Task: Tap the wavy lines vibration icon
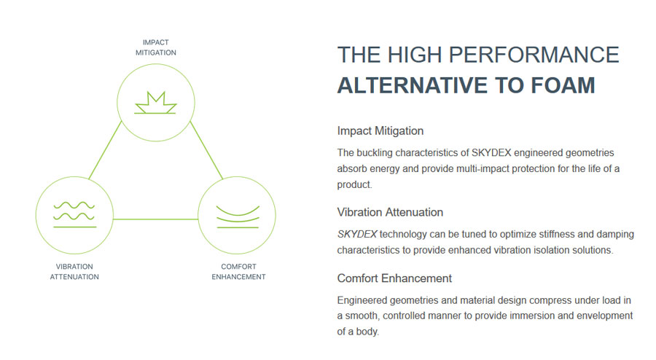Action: pos(74,214)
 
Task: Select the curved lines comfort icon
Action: pos(238,216)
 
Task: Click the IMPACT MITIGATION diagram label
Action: pos(156,47)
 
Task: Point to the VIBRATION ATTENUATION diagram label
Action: pos(74,271)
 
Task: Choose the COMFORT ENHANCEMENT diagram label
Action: pos(238,271)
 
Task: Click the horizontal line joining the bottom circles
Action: pos(156,219)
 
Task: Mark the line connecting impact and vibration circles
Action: pos(105,150)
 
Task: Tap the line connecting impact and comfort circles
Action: pos(206,150)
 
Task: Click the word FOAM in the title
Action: pos(563,85)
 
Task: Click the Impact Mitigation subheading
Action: pos(380,131)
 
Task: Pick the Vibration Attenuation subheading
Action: pos(390,212)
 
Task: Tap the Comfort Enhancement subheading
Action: pos(394,278)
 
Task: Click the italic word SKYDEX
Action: pos(357,234)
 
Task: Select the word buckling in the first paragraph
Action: pos(372,153)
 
